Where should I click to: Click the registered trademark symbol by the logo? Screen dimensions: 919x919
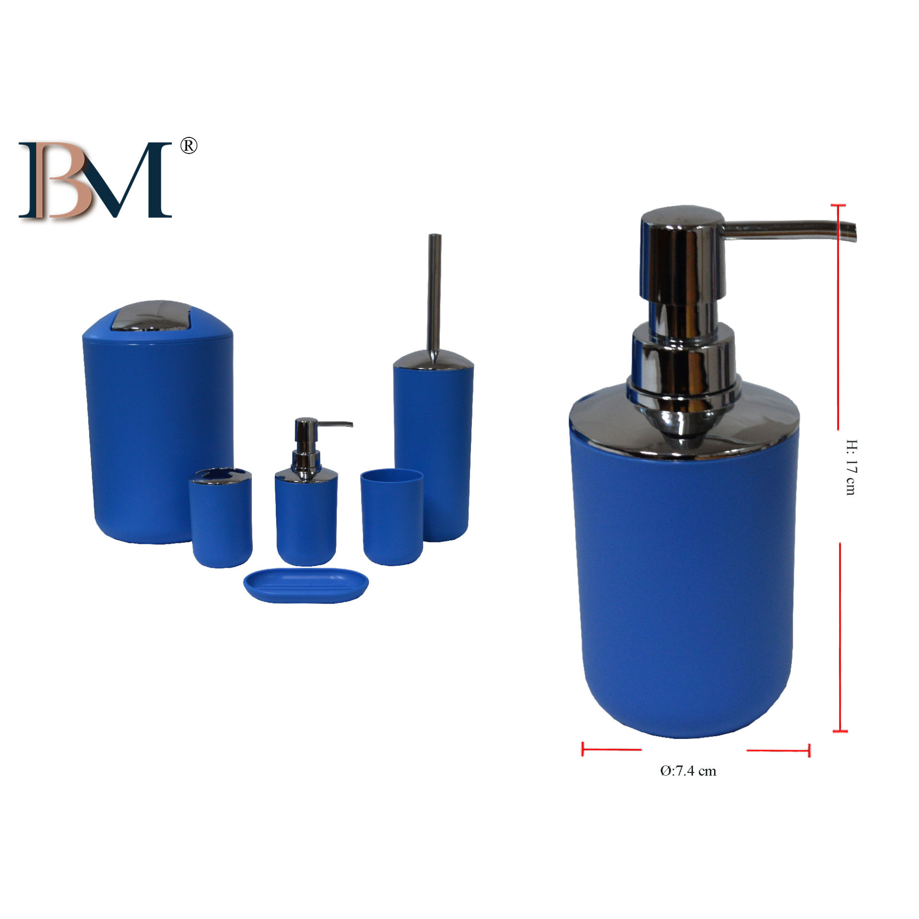[x=189, y=146]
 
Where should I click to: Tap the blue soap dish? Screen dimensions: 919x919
[x=306, y=584]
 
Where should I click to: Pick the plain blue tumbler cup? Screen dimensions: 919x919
[x=392, y=517]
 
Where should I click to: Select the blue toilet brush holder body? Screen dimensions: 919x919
[x=433, y=455]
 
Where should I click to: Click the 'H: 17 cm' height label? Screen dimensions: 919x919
[x=850, y=467]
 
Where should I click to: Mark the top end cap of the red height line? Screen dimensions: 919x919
[x=838, y=205]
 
